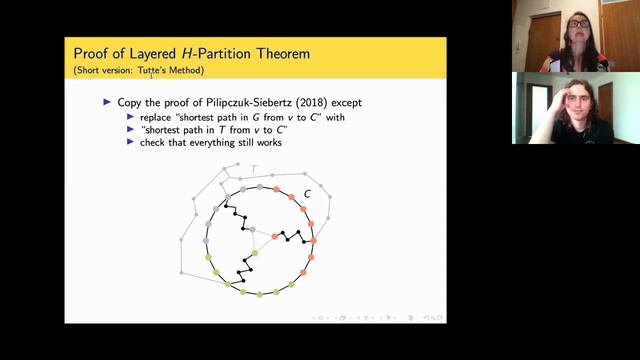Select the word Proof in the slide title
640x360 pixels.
(x=93, y=52)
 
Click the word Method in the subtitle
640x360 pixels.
(x=187, y=70)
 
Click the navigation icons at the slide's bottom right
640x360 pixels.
(x=380, y=317)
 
